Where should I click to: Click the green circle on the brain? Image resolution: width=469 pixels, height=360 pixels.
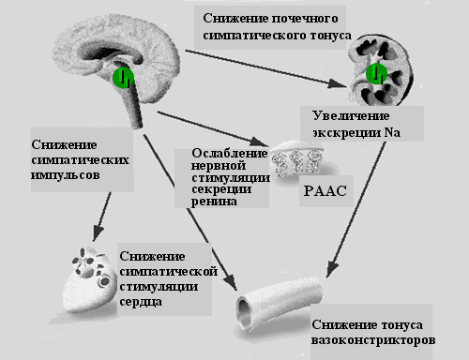pyautogui.click(x=123, y=77)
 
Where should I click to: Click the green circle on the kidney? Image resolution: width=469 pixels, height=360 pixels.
pyautogui.click(x=376, y=74)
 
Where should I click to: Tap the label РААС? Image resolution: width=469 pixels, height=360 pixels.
pyautogui.click(x=325, y=191)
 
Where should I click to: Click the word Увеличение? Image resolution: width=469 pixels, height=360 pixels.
pyautogui.click(x=351, y=116)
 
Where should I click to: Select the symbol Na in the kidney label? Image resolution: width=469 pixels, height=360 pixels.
pyautogui.click(x=392, y=132)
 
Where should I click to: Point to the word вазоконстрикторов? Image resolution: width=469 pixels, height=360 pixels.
pyautogui.click(x=373, y=340)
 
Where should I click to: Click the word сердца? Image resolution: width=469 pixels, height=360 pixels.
pyautogui.click(x=141, y=302)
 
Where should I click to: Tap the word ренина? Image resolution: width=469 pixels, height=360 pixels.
pyautogui.click(x=214, y=202)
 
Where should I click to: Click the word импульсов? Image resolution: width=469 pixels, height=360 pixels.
pyautogui.click(x=66, y=175)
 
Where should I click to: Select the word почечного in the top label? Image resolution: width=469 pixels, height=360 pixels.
pyautogui.click(x=304, y=19)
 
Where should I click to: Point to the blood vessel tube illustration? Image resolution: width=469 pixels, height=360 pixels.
pyautogui.click(x=280, y=304)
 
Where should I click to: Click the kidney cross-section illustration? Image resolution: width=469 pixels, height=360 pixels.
pyautogui.click(x=380, y=71)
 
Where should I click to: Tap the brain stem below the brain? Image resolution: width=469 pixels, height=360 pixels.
pyautogui.click(x=133, y=106)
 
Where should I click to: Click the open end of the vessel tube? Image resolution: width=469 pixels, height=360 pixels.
pyautogui.click(x=244, y=313)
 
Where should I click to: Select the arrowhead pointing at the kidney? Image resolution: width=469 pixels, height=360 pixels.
pyautogui.click(x=338, y=83)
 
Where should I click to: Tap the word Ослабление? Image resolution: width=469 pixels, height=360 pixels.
pyautogui.click(x=230, y=154)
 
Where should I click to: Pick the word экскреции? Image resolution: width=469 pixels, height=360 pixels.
pyautogui.click(x=346, y=133)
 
